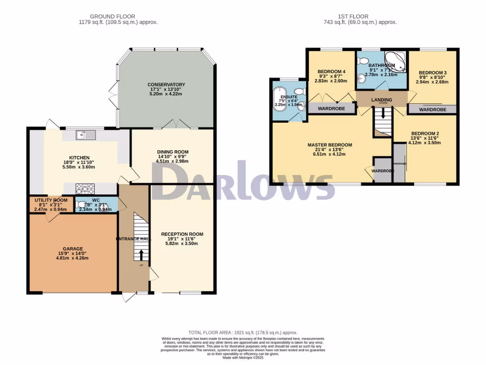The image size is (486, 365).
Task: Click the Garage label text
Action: click(73, 249)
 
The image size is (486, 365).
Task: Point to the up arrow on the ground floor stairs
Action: click(141, 254)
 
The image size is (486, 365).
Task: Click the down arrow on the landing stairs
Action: click(382, 115)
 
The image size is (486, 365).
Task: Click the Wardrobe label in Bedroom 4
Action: click(331, 108)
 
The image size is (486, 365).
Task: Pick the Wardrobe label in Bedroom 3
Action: click(433, 110)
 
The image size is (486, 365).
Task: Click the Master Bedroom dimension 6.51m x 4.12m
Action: click(329, 154)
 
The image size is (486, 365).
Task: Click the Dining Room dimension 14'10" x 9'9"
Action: click(173, 156)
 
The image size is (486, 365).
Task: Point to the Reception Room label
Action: click(182, 234)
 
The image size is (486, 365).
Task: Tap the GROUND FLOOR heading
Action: click(118, 17)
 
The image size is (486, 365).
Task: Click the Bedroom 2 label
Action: click(425, 134)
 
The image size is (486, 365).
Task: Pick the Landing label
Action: click(382, 100)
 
